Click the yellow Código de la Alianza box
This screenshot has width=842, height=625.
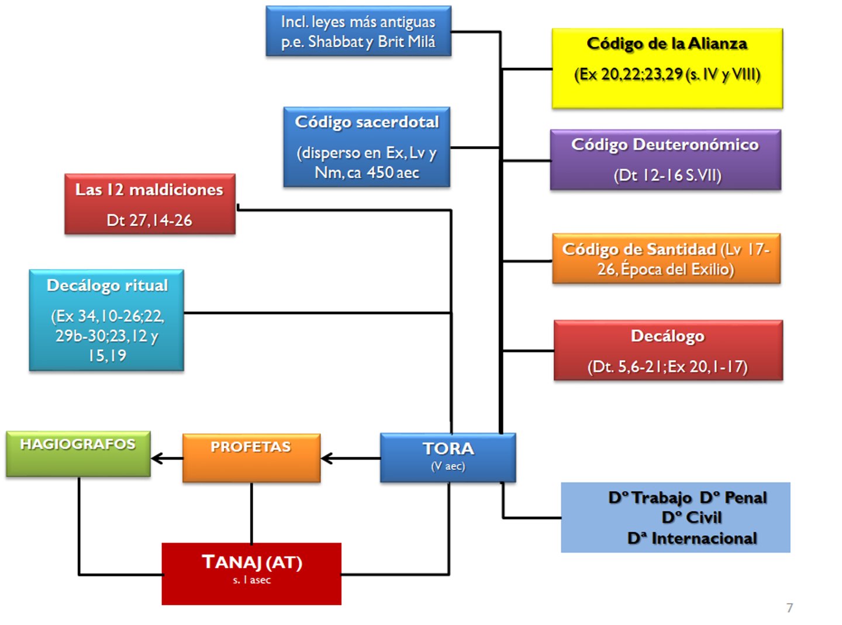[667, 68]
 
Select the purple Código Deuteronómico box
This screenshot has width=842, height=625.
[665, 160]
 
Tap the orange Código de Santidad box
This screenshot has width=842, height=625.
[666, 258]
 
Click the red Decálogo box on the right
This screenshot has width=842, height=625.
[668, 350]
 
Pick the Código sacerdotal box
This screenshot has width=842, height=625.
[367, 147]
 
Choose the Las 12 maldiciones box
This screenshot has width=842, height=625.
[150, 204]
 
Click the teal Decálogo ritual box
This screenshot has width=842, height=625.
[106, 320]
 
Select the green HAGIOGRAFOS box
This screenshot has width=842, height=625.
[78, 454]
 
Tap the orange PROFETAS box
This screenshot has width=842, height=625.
[251, 458]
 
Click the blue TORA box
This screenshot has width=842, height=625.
[448, 457]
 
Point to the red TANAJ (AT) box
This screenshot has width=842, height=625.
[251, 574]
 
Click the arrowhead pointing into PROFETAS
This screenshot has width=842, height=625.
[327, 458]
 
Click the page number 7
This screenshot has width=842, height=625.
[789, 608]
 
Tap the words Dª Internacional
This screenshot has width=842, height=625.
[692, 538]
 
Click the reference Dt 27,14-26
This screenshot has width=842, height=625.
[149, 220]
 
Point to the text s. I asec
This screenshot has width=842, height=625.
[251, 580]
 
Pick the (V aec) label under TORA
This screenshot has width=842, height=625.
[448, 466]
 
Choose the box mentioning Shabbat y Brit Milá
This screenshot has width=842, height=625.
[358, 32]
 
